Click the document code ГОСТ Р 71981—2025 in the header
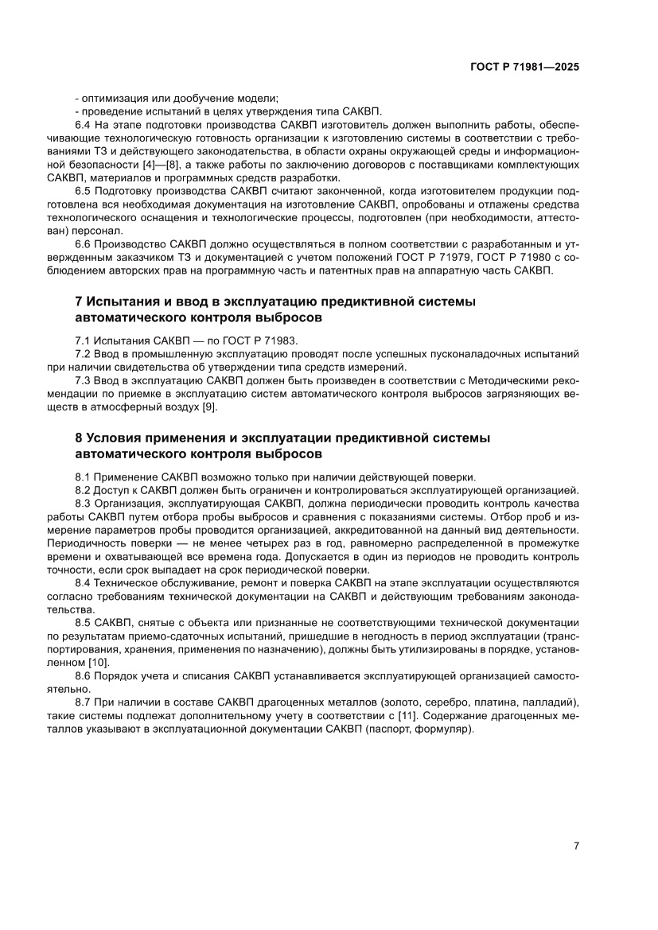[524, 68]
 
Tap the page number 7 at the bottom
[575, 846]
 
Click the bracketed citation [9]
[208, 407]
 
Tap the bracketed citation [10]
[99, 662]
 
